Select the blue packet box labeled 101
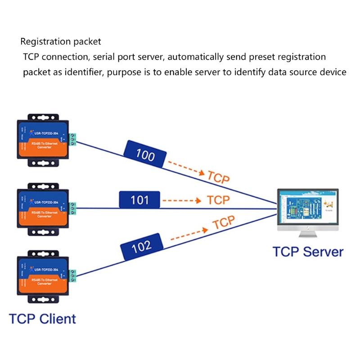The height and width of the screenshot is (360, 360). pyautogui.click(x=139, y=200)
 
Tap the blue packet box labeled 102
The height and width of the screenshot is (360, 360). pyautogui.click(x=141, y=246)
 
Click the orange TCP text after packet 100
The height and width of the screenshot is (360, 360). pyautogui.click(x=218, y=176)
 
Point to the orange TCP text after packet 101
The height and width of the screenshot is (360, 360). pyautogui.click(x=218, y=199)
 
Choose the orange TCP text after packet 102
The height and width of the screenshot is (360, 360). pyautogui.click(x=224, y=222)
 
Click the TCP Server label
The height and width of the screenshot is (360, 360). pyautogui.click(x=308, y=252)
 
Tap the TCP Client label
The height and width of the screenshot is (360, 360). pyautogui.click(x=43, y=319)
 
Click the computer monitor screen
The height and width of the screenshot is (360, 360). pyautogui.click(x=307, y=207)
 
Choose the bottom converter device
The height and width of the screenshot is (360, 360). pyautogui.click(x=43, y=278)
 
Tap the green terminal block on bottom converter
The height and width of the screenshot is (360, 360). pyautogui.click(x=73, y=275)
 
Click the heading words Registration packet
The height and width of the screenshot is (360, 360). pyautogui.click(x=61, y=42)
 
